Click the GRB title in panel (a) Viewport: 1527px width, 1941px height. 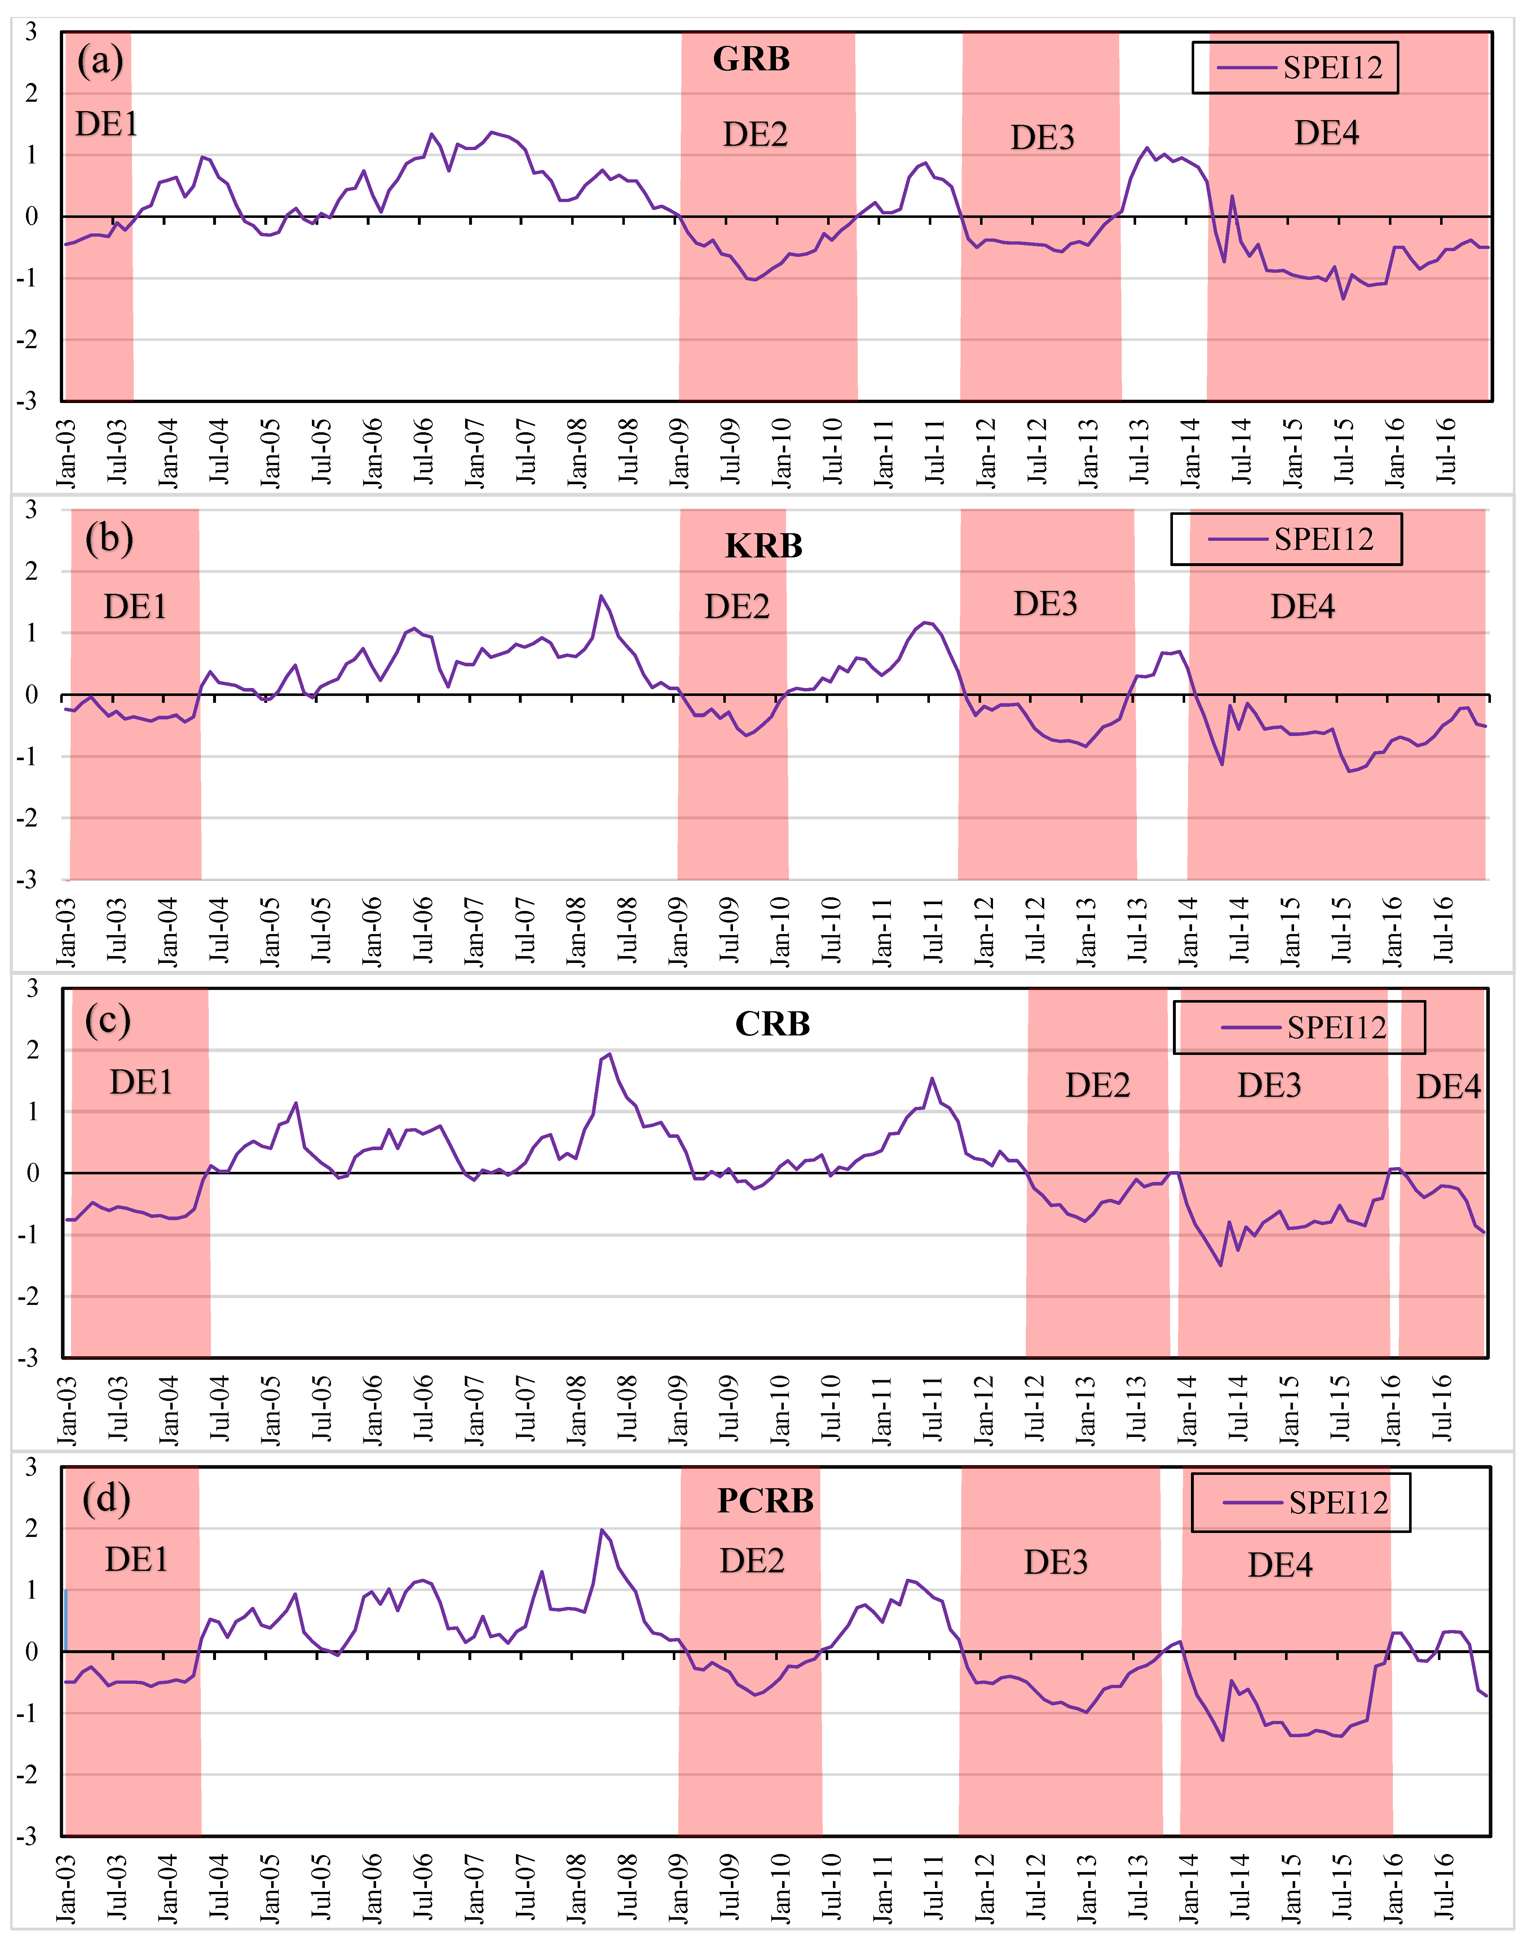(x=751, y=59)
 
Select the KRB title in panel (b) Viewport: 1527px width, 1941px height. (x=764, y=546)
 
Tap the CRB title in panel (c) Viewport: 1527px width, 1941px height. (x=772, y=1023)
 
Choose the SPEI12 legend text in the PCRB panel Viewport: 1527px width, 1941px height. (x=1338, y=1503)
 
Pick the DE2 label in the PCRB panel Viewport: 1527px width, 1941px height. (x=752, y=1561)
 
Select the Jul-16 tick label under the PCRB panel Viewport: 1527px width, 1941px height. (x=1444, y=1887)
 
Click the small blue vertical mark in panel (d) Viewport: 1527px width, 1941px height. (x=65, y=1619)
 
